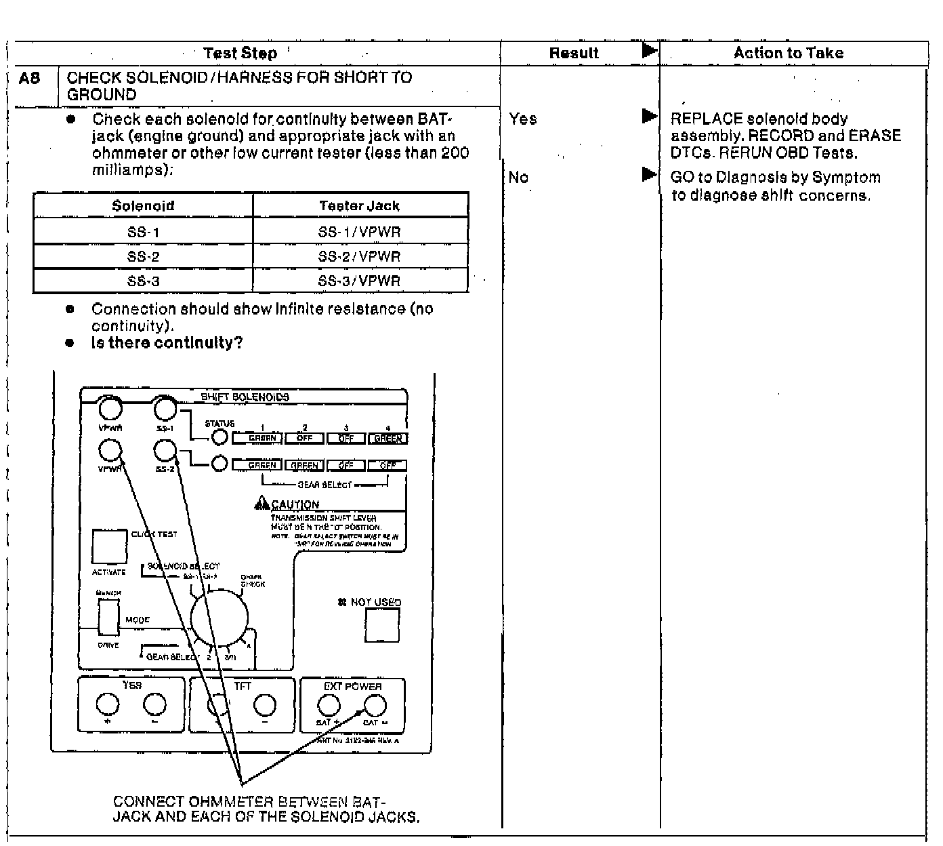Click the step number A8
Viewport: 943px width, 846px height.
(30, 79)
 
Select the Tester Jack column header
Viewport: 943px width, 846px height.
(359, 205)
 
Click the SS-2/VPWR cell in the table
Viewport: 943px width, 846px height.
(359, 256)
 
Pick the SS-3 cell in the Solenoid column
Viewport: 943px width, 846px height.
(143, 281)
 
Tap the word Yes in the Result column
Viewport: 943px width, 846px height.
(522, 119)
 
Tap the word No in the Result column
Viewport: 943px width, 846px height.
(518, 177)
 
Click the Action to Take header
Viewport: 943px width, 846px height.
(788, 53)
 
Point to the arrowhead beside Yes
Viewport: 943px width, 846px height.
(649, 116)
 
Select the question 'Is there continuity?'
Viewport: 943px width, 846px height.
(167, 342)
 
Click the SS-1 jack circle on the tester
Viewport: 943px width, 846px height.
(165, 409)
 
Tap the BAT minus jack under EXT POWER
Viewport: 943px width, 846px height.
(375, 706)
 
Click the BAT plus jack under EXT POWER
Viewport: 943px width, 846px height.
(329, 706)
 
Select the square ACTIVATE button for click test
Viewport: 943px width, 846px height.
(109, 546)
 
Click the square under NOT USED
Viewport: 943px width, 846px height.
(382, 624)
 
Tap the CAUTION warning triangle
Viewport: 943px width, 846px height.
(261, 503)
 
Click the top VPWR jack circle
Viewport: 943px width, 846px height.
(109, 409)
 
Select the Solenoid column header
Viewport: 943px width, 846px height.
(143, 205)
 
